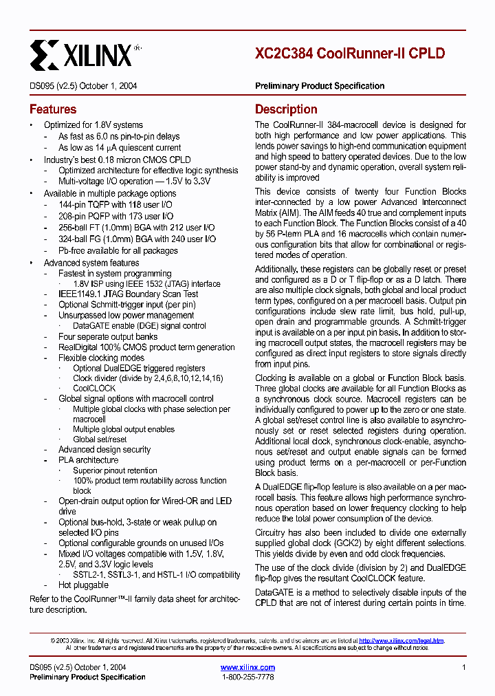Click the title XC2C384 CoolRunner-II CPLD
[x=349, y=54]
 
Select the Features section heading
[x=53, y=109]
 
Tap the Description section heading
[x=286, y=109]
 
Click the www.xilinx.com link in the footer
[x=247, y=667]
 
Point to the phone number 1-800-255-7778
[x=247, y=677]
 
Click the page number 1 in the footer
[x=464, y=667]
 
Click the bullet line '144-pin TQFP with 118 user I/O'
[x=115, y=205]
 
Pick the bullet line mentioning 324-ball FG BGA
[x=137, y=239]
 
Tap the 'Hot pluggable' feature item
[x=83, y=585]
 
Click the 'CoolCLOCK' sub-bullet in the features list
[x=94, y=388]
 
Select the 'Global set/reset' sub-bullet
[x=100, y=439]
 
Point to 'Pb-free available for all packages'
[x=118, y=250]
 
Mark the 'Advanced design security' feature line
[x=104, y=450]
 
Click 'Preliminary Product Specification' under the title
[x=320, y=86]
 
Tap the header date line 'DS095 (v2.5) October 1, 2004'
[x=83, y=86]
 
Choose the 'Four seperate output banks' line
[x=108, y=337]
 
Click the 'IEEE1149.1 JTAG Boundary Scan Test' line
[x=128, y=294]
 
